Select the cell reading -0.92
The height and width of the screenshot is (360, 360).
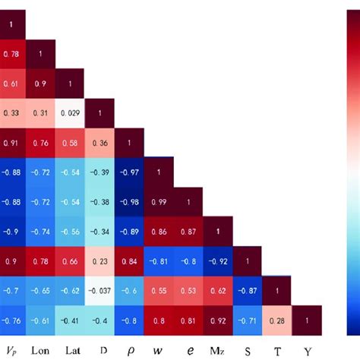click(x=218, y=260)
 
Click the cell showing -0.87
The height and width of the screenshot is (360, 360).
click(x=248, y=289)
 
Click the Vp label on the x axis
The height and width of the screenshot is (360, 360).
click(x=11, y=351)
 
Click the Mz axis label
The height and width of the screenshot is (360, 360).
click(x=218, y=351)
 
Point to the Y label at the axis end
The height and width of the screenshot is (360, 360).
click(x=307, y=351)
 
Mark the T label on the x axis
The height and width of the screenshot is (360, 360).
click(x=277, y=351)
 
